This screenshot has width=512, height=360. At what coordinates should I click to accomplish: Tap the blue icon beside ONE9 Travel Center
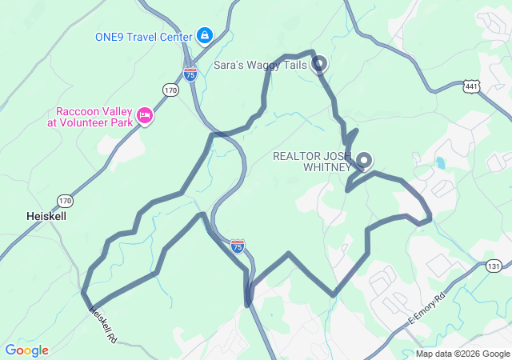click(205, 35)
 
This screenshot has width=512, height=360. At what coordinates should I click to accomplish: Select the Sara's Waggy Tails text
click(261, 64)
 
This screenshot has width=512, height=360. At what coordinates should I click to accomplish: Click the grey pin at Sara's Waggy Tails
click(318, 62)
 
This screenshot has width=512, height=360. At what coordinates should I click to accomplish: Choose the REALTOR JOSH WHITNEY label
click(312, 161)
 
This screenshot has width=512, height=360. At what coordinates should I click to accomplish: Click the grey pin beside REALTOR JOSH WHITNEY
click(364, 160)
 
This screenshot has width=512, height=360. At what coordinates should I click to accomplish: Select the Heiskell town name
click(46, 216)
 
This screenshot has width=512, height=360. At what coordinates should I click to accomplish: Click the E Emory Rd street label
click(430, 307)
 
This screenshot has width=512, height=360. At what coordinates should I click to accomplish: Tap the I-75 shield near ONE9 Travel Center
click(190, 74)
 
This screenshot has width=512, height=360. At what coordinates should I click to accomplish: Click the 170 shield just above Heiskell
click(65, 200)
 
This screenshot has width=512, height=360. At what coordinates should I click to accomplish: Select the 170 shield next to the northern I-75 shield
click(170, 90)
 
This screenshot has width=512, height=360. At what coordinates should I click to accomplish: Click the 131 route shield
click(494, 266)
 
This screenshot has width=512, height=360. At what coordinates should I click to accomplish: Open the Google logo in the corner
click(26, 350)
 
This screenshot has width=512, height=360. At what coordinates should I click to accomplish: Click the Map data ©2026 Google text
click(462, 354)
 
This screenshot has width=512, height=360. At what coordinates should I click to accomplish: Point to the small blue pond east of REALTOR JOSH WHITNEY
click(438, 165)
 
